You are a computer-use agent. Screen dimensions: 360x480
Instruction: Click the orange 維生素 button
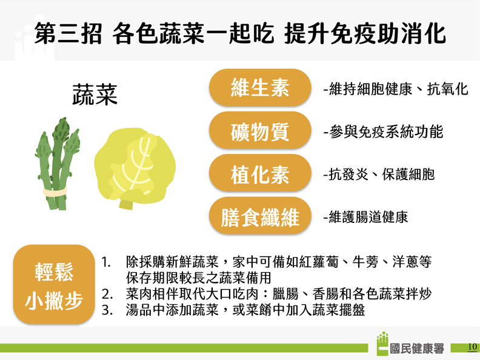(259, 88)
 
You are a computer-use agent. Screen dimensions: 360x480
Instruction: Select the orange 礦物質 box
(259, 131)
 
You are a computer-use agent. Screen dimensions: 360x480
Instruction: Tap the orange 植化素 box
(259, 174)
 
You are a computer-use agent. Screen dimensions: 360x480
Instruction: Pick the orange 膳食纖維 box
(259, 216)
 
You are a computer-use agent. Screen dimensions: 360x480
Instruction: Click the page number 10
(473, 347)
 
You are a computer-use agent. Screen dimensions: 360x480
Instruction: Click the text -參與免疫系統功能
(383, 132)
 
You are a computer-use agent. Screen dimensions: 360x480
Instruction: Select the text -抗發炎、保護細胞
(379, 175)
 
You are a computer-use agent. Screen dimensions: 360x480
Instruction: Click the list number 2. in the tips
(108, 295)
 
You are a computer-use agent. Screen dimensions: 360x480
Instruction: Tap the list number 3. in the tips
(108, 310)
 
